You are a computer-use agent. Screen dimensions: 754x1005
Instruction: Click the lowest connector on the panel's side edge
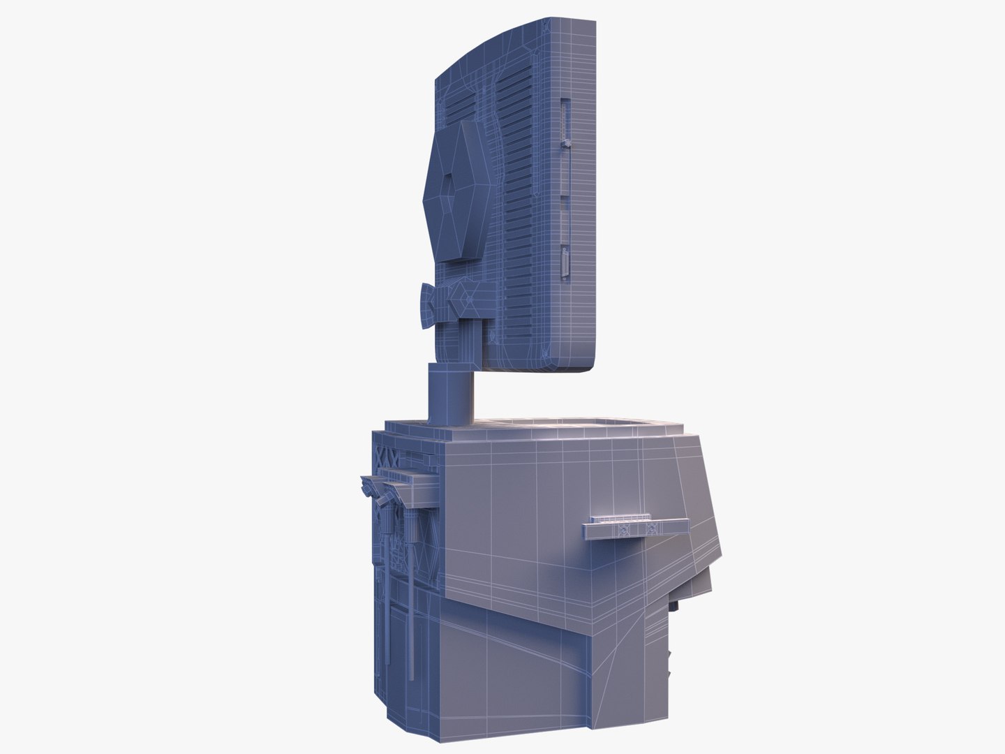[x=564, y=265]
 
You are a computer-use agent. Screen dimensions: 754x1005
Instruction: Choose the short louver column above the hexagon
[x=461, y=108]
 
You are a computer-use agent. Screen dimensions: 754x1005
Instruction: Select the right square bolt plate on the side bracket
[x=653, y=528]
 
